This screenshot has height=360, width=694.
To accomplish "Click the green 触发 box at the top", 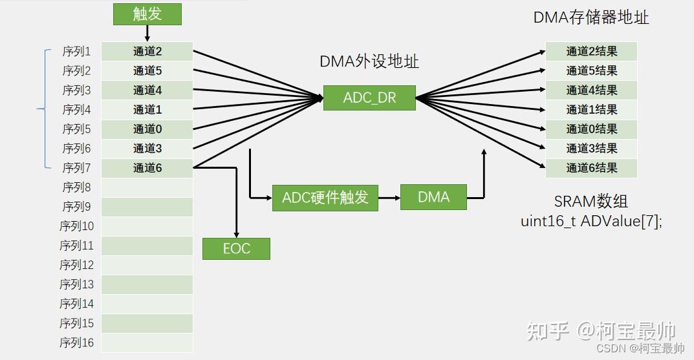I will pos(147,14).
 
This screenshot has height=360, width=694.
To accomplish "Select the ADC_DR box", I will pos(369,98).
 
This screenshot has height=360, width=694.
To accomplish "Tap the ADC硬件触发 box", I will pos(325,197).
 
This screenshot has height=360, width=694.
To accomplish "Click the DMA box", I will pos(433,197).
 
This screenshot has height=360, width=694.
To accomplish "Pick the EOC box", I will pos(236,249).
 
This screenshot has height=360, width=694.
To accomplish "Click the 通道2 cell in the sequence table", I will pos(147,52).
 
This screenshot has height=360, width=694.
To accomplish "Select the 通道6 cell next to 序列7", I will pos(147,168).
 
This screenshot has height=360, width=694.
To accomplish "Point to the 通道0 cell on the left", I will pos(147,129).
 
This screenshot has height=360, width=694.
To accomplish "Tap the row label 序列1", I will pos(76,52).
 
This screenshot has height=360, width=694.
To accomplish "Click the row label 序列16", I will pos(76,343).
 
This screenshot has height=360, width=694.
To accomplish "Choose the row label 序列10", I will pos(76,226).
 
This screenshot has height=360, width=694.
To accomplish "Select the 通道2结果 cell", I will pos(591,52).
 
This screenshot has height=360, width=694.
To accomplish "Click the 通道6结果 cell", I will pos(591,168).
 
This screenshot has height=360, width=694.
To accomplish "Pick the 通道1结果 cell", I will pos(591,110).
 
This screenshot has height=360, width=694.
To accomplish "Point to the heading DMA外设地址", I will pos(369,61).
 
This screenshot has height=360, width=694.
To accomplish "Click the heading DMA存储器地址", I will pos(591,17).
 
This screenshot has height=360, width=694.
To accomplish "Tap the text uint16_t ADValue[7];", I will pos(591,220).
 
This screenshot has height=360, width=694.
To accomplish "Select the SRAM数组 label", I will pos(591,201).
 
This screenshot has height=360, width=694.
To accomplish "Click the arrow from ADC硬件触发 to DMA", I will pos(389,197).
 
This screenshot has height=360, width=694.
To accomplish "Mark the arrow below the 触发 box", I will pos(147,33).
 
